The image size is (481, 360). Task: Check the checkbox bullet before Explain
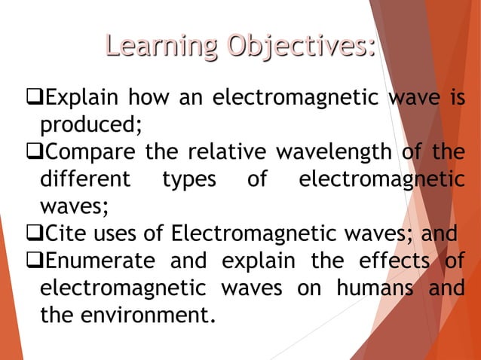click(x=33, y=98)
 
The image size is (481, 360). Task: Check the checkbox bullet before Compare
click(x=33, y=152)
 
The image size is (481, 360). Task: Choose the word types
click(x=188, y=181)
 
